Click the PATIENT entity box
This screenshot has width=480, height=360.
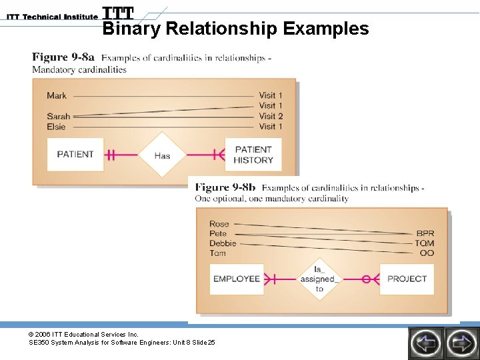[x=75, y=155]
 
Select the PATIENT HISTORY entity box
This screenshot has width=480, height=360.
[x=253, y=155]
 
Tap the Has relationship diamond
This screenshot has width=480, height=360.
[x=162, y=155]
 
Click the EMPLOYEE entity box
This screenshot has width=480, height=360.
[x=236, y=279]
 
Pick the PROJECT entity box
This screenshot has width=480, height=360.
[x=407, y=279]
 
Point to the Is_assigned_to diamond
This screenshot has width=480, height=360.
[x=319, y=279]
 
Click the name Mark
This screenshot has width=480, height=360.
[x=57, y=96]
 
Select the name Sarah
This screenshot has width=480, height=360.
[x=58, y=117]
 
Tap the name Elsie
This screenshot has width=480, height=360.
[x=57, y=127]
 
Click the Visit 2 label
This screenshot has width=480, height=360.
[x=271, y=116]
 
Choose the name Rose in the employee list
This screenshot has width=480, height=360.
[x=219, y=224]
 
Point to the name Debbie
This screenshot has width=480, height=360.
[x=223, y=243]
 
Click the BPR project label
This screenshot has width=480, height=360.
[x=425, y=234]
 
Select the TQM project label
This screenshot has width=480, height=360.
[x=425, y=243]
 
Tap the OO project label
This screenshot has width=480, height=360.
[x=427, y=253]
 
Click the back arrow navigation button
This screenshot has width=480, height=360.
[x=425, y=343]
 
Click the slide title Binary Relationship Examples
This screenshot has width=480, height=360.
[x=235, y=29]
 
